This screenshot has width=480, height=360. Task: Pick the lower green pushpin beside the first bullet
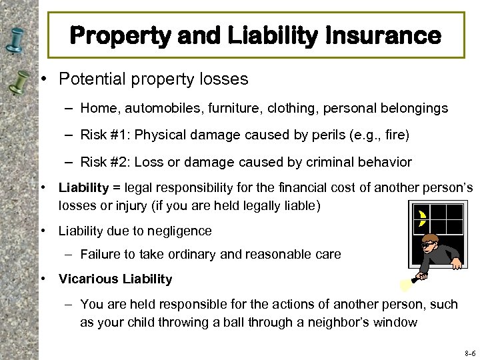click(18, 83)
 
